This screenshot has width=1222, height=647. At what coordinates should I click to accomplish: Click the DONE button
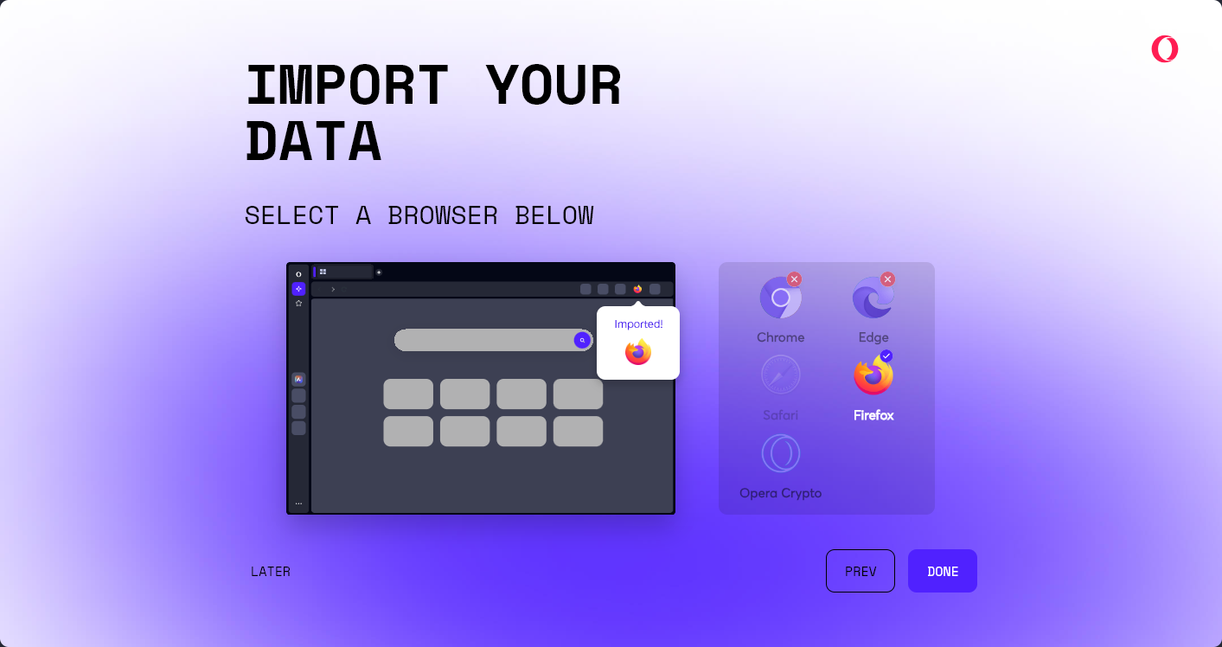pos(942,571)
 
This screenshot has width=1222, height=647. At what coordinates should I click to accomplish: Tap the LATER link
pos(271,571)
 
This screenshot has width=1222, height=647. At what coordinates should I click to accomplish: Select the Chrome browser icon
pos(781,298)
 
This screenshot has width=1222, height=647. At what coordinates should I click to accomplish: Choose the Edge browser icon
pos(873,298)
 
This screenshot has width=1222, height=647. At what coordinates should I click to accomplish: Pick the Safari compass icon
pos(781,375)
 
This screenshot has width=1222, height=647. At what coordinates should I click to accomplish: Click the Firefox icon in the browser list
pos(873,375)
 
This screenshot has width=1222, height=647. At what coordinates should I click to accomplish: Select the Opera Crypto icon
pos(781,453)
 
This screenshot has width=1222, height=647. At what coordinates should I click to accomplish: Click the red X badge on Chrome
pos(794,279)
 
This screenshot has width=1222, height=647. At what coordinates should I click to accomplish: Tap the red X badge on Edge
pos(887,279)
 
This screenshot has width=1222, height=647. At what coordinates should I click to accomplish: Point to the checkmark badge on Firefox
pos(886,356)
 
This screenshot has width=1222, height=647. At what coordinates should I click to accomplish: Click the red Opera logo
pos(1165,49)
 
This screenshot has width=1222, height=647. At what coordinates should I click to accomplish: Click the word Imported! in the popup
pos(638,324)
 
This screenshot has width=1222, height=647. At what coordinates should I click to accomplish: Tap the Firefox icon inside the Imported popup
pos(638,352)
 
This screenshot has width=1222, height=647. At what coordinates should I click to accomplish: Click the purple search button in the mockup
pos(582,340)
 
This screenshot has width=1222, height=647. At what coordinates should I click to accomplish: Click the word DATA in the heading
pos(313,142)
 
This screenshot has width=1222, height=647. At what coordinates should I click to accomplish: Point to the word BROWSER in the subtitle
pos(443,215)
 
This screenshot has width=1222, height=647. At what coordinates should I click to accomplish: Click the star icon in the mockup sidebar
pos(298,304)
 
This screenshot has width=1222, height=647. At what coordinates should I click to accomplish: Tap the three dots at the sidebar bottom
pos(298,503)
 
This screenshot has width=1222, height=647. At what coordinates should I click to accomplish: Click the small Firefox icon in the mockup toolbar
pos(637,289)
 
